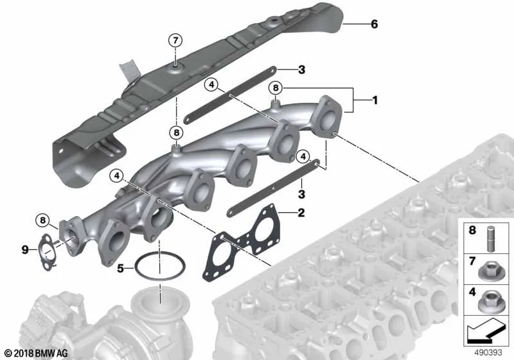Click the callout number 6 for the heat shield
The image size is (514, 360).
374,24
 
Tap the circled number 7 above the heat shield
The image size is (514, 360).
175,40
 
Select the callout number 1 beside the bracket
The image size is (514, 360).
375,100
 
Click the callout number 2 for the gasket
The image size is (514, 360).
301,212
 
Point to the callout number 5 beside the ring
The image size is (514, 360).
120,269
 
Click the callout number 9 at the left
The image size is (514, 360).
25,250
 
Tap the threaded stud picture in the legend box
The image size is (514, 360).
490,239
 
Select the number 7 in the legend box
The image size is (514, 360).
472,261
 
